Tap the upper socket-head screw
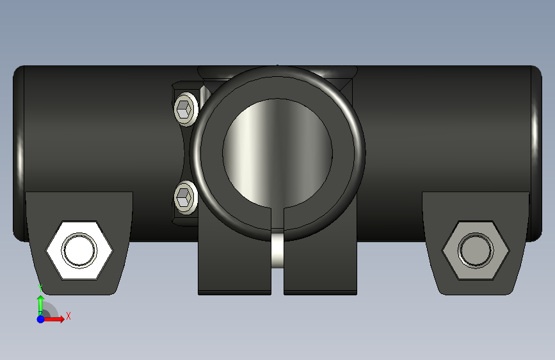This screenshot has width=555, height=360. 186,109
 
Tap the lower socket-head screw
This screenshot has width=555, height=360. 186,197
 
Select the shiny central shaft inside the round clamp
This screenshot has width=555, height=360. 278,153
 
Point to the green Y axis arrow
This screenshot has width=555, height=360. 40,304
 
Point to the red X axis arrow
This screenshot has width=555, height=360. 53,319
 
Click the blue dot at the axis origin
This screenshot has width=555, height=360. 41,319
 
